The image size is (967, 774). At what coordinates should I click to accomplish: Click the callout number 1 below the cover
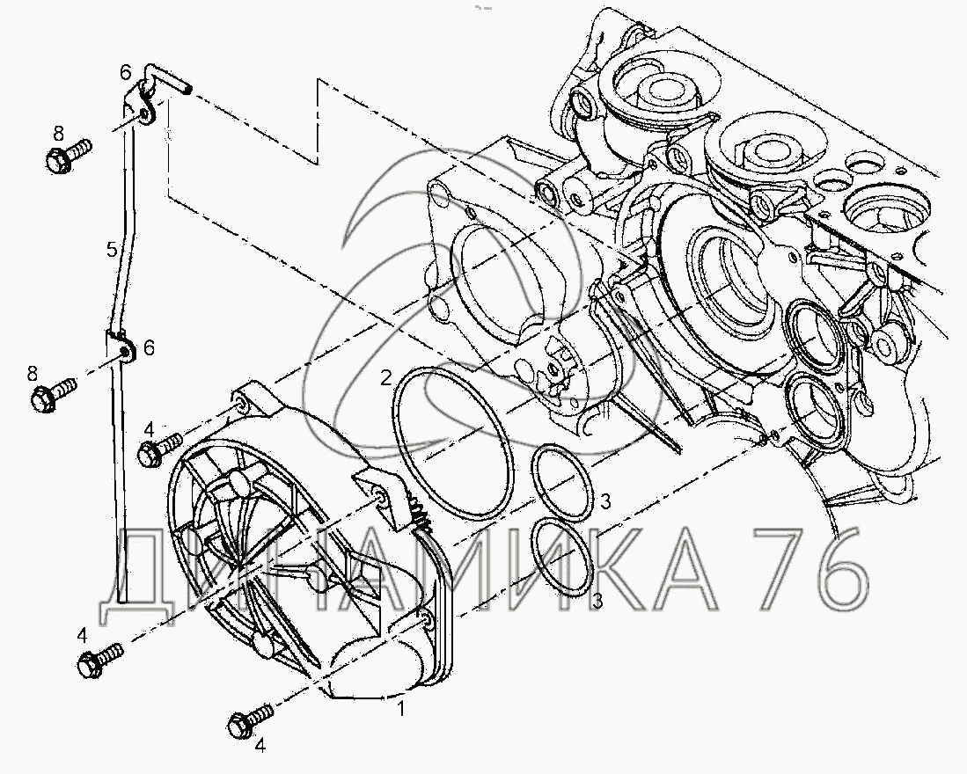coord(401,709)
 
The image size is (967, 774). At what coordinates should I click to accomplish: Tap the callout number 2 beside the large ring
coord(386,377)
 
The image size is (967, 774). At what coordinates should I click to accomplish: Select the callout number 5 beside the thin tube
coord(112,250)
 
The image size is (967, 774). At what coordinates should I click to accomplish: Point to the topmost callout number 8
coord(58,133)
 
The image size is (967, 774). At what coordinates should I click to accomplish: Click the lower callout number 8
coord(32,374)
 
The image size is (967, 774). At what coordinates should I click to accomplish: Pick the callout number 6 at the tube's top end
coord(126,73)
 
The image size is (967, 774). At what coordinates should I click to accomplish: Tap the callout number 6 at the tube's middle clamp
coord(149,348)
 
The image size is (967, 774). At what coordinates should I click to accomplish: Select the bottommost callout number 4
coord(260,746)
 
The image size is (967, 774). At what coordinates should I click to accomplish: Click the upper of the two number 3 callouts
coord(605,501)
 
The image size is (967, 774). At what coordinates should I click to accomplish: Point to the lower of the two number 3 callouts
coord(597,600)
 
